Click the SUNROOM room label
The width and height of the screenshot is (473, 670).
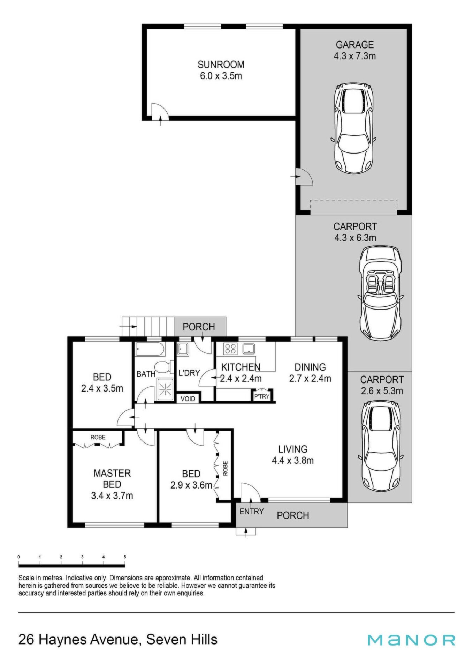pos(221,65)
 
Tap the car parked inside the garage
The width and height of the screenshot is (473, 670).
pos(353,128)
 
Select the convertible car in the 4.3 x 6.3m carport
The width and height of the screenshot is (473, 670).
pos(380,293)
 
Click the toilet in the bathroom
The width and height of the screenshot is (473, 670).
pos(163,367)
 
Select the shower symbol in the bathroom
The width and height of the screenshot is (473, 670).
pos(165,388)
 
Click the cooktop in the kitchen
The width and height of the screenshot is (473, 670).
pos(230,349)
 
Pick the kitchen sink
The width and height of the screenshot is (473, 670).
pos(249,349)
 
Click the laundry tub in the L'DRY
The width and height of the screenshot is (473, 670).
pos(183,349)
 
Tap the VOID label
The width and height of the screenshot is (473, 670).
pos(188,399)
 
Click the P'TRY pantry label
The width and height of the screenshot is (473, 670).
pos(262,396)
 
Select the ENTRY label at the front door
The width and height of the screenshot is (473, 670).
pos(251,512)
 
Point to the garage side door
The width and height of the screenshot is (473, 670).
pos(304,177)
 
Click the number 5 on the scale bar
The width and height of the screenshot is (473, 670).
pos(125,557)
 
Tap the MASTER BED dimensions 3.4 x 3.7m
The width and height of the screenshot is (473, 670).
pos(112,496)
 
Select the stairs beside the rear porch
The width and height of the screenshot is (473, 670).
pos(148,327)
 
